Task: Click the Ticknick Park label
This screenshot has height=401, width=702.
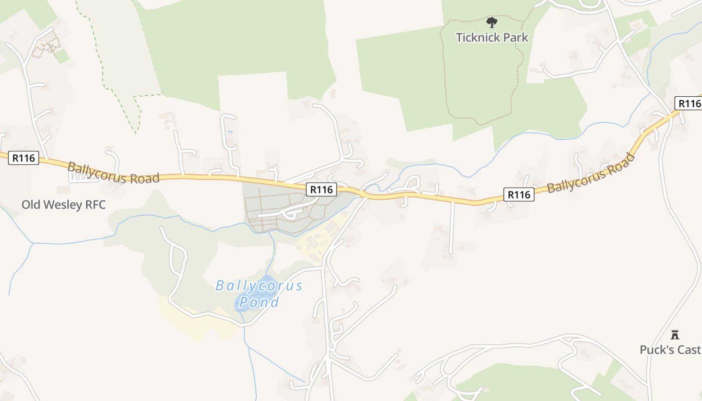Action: tap(492, 37)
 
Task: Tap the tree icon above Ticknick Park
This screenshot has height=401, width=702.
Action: tap(492, 22)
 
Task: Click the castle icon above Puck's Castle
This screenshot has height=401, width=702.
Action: tap(675, 334)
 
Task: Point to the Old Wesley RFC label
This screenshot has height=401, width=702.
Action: tap(64, 205)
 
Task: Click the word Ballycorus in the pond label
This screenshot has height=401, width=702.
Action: tap(259, 286)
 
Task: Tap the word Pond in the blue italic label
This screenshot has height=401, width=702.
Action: tap(259, 302)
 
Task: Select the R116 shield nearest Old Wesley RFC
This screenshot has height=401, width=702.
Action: tap(23, 158)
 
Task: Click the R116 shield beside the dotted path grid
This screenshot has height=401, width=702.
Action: tap(321, 189)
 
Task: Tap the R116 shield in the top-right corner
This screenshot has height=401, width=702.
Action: tap(689, 103)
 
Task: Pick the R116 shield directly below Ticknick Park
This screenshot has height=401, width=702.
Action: tap(518, 194)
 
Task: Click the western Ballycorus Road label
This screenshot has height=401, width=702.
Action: tap(113, 173)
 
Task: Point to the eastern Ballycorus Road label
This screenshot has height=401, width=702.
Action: tap(591, 173)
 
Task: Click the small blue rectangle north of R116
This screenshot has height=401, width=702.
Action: tap(230, 132)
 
